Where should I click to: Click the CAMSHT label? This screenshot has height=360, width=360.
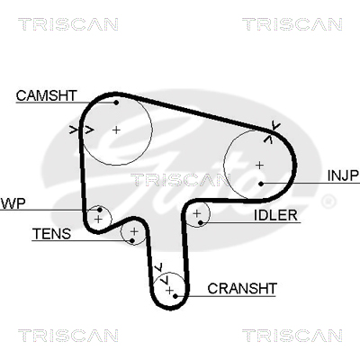pyautogui.click(x=47, y=95)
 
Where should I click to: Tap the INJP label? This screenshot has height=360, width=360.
pyautogui.click(x=343, y=175)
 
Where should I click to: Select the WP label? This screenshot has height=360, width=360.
pyautogui.click(x=13, y=203)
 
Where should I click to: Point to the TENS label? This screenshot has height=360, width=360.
pyautogui.click(x=51, y=234)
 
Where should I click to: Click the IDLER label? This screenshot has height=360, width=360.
pyautogui.click(x=275, y=215)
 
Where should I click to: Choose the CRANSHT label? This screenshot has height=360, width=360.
pyautogui.click(x=242, y=289)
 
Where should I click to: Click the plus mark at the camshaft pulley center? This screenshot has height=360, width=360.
pyautogui.click(x=116, y=130)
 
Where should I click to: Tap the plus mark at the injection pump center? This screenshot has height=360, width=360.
pyautogui.click(x=260, y=165)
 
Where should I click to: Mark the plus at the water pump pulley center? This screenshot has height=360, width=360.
pyautogui.click(x=98, y=220)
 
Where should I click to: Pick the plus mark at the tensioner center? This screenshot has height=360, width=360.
pyautogui.click(x=134, y=231)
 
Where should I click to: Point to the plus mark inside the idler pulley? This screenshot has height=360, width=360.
pyautogui.click(x=197, y=213)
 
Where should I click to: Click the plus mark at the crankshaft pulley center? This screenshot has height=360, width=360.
pyautogui.click(x=170, y=291)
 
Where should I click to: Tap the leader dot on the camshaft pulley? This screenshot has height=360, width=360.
pyautogui.click(x=116, y=103)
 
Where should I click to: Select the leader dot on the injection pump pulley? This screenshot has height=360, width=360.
pyautogui.click(x=261, y=184)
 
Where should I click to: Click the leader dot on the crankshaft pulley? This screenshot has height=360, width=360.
pyautogui.click(x=175, y=296)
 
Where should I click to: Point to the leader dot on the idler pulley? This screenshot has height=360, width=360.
pyautogui.click(x=201, y=222)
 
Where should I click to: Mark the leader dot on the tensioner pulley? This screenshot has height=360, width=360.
pyautogui.click(x=131, y=240)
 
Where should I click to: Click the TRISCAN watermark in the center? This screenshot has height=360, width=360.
pyautogui.click(x=180, y=180)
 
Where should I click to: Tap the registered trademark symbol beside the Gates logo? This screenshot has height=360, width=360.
pyautogui.click(x=328, y=202)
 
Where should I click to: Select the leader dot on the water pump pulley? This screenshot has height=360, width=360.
pyautogui.click(x=100, y=210)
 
